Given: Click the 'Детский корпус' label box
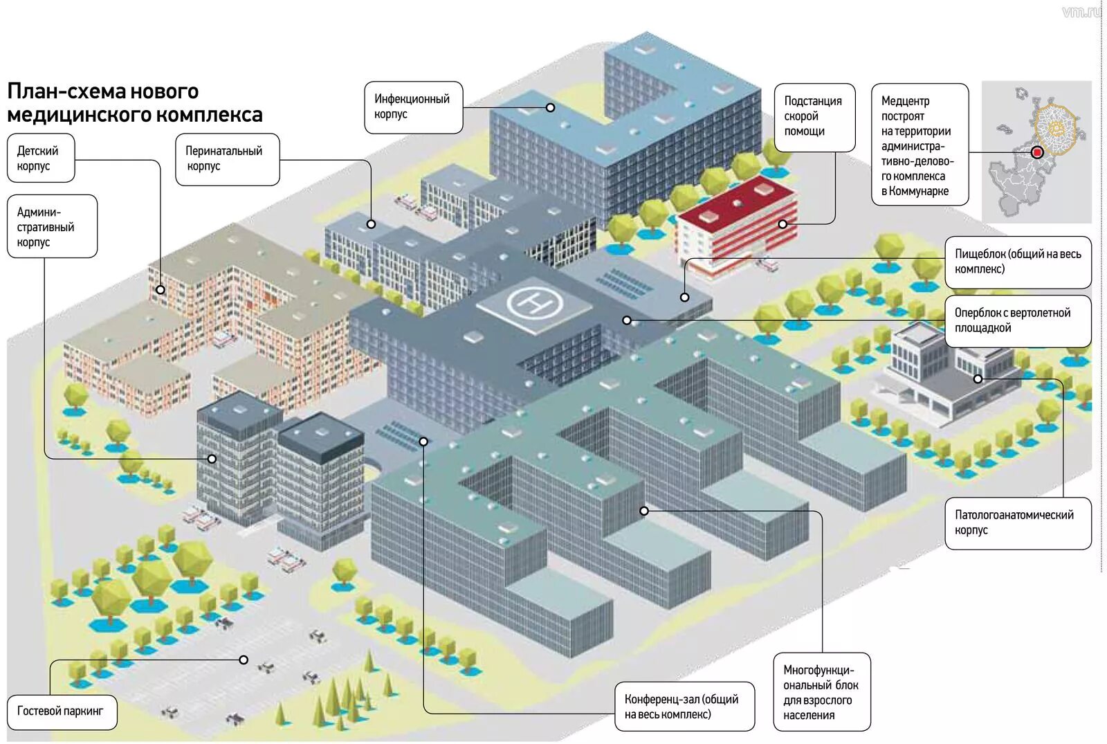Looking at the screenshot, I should coord(41,158).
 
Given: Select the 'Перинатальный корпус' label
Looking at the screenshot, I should coord(227,159).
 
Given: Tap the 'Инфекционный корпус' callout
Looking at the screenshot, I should coord(413,107).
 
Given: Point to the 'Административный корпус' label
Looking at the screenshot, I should coord(52,226).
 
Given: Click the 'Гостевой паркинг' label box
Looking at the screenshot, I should coord(62,711).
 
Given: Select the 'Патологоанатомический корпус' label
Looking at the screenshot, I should coord(1017,523).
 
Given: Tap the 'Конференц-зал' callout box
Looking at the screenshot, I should coord(684,707).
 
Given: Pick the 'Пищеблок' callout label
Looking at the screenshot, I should coord(1017,262).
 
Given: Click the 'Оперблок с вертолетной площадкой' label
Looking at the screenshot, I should coord(1017,320).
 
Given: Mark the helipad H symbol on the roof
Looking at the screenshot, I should coord(535,302).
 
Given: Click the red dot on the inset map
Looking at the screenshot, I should coord(1036,153).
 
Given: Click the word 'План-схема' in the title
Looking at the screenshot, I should coord(67,91).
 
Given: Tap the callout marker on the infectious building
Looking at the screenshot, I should coord(550,107).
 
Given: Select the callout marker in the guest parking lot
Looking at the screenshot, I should coord(244,660).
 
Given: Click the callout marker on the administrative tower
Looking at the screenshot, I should coord(212,458).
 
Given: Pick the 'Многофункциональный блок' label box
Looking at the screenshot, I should coord(821,691).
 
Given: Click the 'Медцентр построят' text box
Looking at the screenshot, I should coord(920,145).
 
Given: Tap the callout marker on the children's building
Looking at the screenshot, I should coord(161,290).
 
